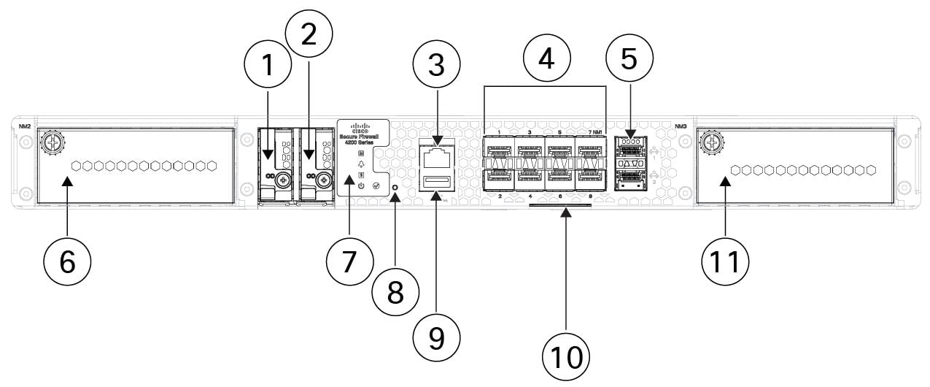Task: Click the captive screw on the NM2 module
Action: pos(52,142)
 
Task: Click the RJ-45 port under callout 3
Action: pos(436,156)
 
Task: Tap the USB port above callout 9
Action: pos(435,180)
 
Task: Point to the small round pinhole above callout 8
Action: pos(395,188)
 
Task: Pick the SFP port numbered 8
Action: pos(589,177)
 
